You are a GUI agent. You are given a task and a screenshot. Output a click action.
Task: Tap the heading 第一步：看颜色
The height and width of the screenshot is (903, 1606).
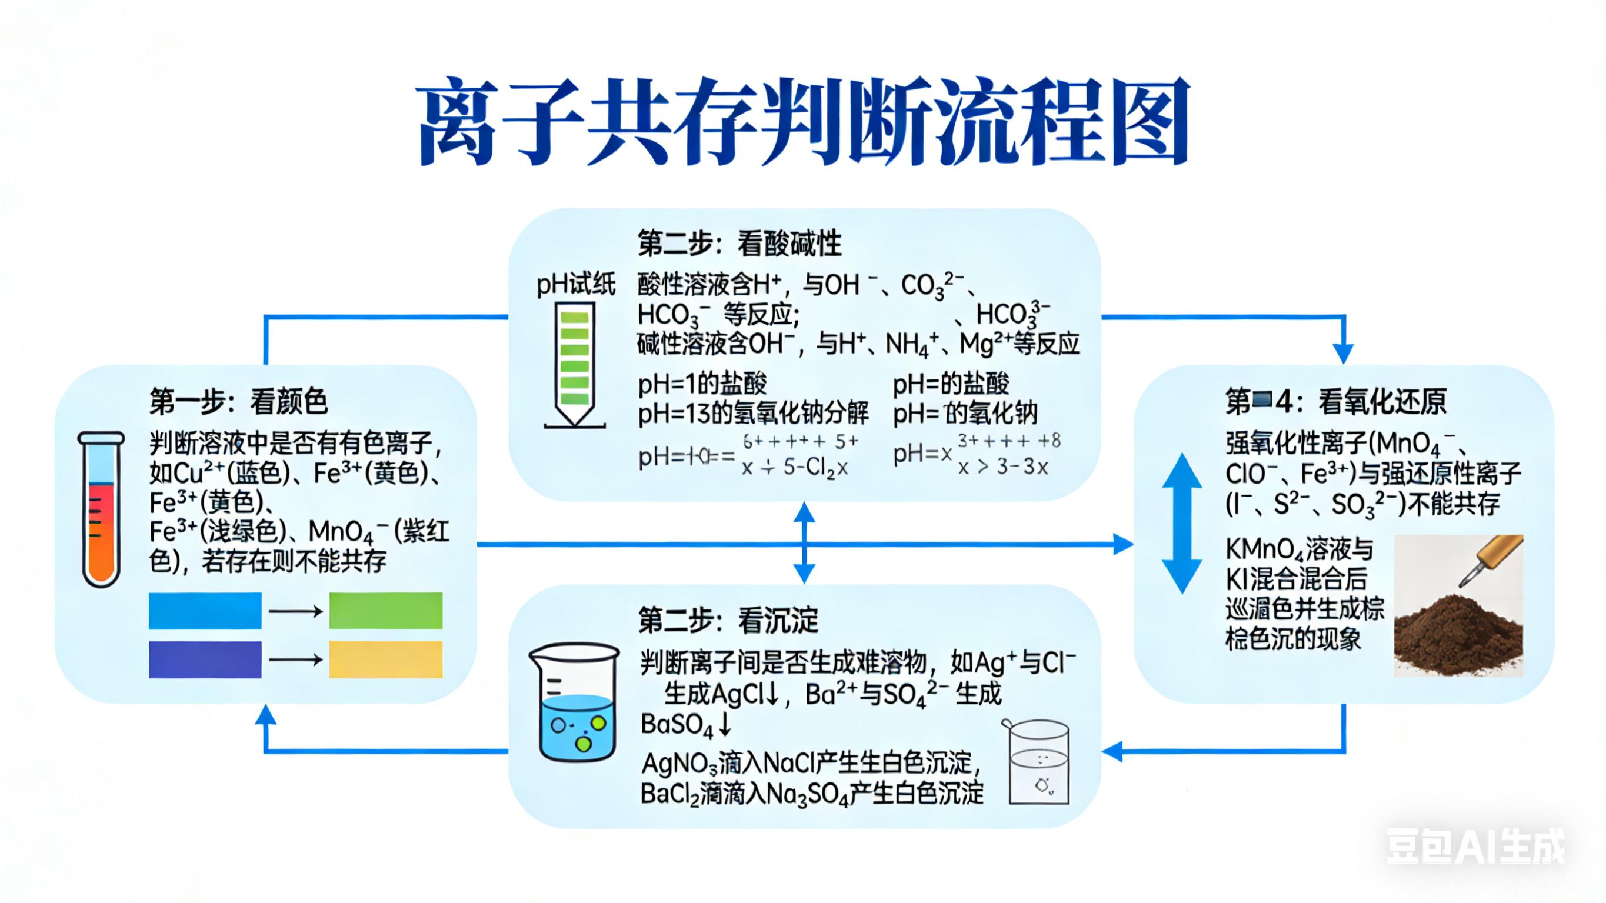click(238, 401)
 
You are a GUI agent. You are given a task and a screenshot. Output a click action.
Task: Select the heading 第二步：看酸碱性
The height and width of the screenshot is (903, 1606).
click(739, 243)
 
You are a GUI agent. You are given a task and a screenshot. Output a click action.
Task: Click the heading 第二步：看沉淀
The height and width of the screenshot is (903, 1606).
click(728, 621)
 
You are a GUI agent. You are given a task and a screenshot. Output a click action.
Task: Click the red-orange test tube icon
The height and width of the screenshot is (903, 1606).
click(101, 508)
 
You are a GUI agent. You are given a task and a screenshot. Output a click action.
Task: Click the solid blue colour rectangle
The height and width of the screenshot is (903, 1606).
click(205, 611)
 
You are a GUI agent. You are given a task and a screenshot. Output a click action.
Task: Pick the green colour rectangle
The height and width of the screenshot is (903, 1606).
click(386, 611)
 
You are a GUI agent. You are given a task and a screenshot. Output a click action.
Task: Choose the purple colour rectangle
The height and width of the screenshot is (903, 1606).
click(205, 659)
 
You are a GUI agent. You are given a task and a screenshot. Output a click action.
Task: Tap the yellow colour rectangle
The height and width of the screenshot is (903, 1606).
click(386, 659)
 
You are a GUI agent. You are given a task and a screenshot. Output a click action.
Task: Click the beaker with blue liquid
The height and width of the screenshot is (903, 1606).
click(574, 703)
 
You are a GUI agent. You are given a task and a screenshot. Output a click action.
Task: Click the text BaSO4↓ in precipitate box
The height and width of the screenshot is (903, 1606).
click(686, 725)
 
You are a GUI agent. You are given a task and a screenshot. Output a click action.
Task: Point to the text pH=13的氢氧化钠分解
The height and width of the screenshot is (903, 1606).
click(752, 413)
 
